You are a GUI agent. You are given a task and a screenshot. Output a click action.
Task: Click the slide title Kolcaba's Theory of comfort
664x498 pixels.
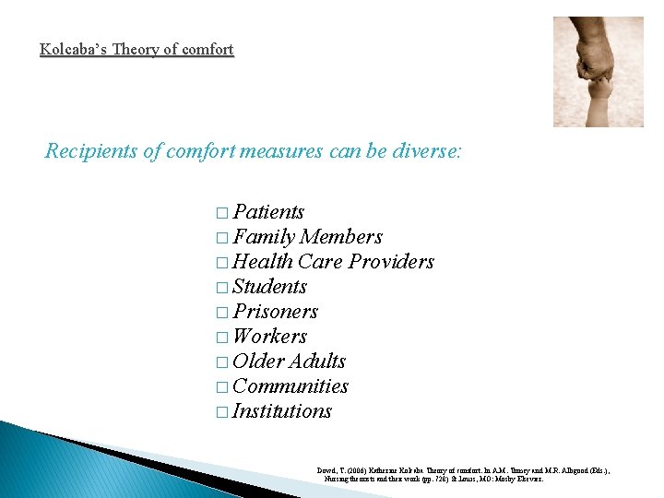pyautogui.click(x=136, y=49)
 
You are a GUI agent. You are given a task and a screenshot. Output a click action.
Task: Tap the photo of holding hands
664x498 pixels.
pyautogui.click(x=598, y=71)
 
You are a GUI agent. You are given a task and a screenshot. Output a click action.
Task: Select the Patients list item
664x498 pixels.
pyautogui.click(x=268, y=212)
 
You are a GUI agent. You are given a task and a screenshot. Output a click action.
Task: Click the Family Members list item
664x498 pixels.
pyautogui.click(x=307, y=237)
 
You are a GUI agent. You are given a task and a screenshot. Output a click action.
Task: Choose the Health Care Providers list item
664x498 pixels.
pyautogui.click(x=333, y=262)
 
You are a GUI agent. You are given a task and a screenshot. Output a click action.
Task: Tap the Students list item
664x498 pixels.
pyautogui.click(x=269, y=287)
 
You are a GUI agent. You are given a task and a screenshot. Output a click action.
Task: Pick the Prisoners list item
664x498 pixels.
pyautogui.click(x=275, y=312)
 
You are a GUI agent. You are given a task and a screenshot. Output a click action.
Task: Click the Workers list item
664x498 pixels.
pyautogui.click(x=269, y=337)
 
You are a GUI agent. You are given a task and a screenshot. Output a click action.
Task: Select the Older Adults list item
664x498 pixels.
pyautogui.click(x=289, y=362)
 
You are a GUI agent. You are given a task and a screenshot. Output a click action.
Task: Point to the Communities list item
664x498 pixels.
pyautogui.click(x=290, y=386)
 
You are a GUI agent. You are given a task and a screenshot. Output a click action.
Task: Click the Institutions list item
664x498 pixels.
pyautogui.click(x=281, y=411)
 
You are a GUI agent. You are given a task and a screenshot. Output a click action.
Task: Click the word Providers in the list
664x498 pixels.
pyautogui.click(x=392, y=262)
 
